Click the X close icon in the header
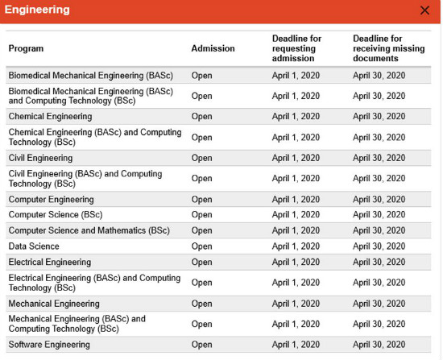click(424, 10)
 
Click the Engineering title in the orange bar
click(37, 10)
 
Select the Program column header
click(26, 48)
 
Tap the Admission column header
click(213, 48)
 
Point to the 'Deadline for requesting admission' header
click(296, 48)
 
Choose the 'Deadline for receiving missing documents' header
click(389, 48)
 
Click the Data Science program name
click(34, 246)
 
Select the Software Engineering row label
click(49, 345)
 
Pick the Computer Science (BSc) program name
click(56, 215)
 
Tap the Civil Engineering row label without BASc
click(40, 158)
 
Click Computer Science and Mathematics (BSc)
click(89, 230)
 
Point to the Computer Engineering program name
click(51, 200)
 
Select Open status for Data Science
click(201, 246)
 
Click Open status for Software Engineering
click(201, 345)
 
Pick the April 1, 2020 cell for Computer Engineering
click(296, 200)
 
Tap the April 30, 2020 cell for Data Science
click(379, 246)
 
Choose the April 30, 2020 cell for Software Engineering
click(379, 345)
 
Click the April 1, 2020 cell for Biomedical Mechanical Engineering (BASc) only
click(296, 76)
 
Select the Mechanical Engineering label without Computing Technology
click(54, 304)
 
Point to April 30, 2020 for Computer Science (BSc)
click(379, 215)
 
